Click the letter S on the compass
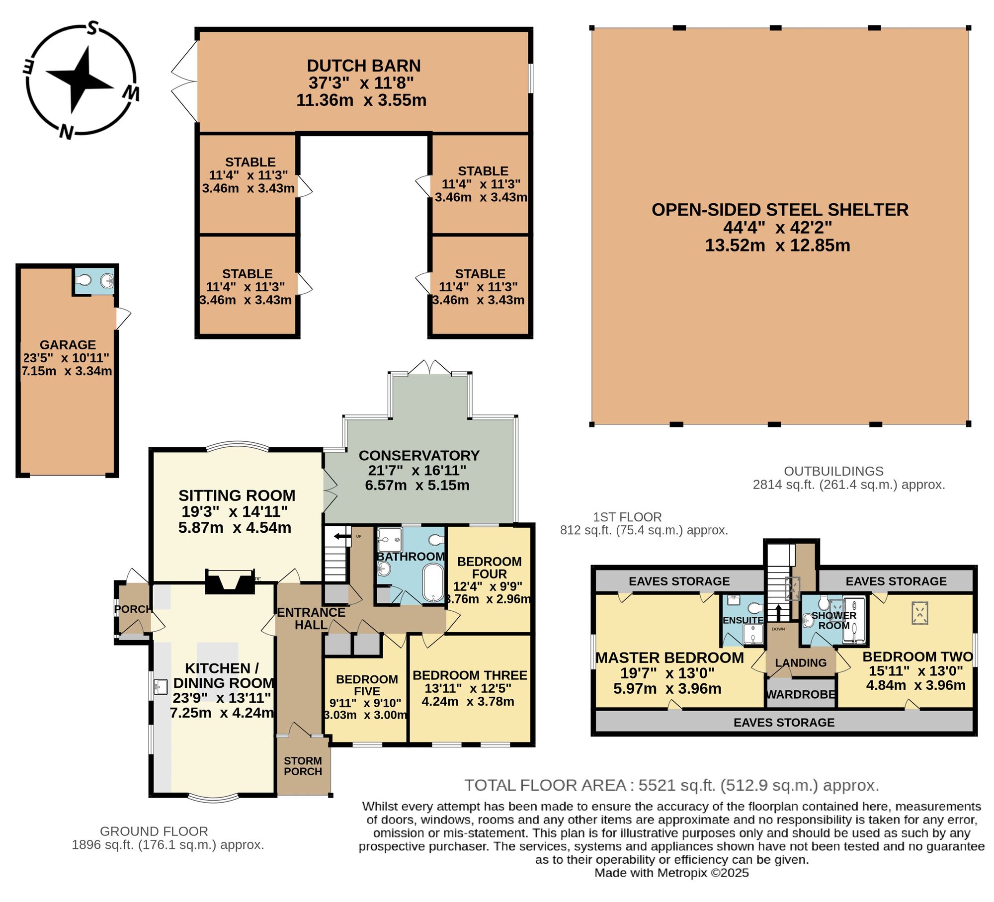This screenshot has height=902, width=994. pyautogui.click(x=91, y=29)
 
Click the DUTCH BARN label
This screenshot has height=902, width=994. pyautogui.click(x=364, y=66)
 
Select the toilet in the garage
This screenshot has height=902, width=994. pyautogui.click(x=84, y=281)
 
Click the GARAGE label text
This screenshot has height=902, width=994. pyautogui.click(x=68, y=345)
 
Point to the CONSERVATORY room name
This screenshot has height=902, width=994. pyautogui.click(x=419, y=455)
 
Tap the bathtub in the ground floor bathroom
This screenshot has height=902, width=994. pyautogui.click(x=433, y=582)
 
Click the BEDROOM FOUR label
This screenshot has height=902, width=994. pyautogui.click(x=490, y=568)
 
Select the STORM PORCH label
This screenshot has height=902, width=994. pyautogui.click(x=303, y=766)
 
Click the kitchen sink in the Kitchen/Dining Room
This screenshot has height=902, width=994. pyautogui.click(x=160, y=686)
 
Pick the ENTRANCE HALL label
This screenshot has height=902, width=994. pyautogui.click(x=311, y=619)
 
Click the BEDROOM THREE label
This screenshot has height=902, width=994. pyautogui.click(x=470, y=675)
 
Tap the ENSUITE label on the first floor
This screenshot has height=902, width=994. pyautogui.click(x=743, y=620)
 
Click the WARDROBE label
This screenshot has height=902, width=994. pyautogui.click(x=801, y=694)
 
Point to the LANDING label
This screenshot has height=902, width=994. pyautogui.click(x=801, y=662)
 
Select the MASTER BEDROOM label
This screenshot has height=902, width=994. pyautogui.click(x=669, y=657)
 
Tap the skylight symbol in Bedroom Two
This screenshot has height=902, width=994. pyautogui.click(x=920, y=613)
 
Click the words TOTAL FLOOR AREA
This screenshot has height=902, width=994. pyautogui.click(x=545, y=785)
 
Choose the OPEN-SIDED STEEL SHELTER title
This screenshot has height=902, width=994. pyautogui.click(x=780, y=210)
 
